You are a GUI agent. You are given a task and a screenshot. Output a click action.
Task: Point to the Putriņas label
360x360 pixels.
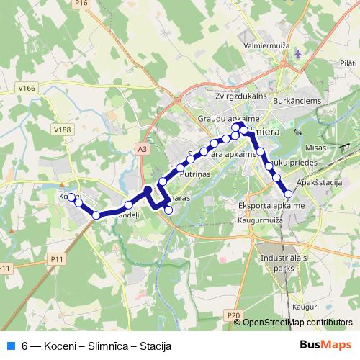click(x=196, y=174)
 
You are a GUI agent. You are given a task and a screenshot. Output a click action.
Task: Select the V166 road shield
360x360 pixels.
click(x=27, y=88)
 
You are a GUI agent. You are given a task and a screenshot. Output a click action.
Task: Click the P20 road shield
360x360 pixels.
click(x=233, y=315)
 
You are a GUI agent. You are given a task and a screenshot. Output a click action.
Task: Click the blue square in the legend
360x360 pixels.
click(x=10, y=346)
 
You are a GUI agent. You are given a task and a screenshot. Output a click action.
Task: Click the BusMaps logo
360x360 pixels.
click(x=325, y=346)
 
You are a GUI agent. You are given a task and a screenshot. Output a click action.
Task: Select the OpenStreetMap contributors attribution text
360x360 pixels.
click(x=298, y=323)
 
